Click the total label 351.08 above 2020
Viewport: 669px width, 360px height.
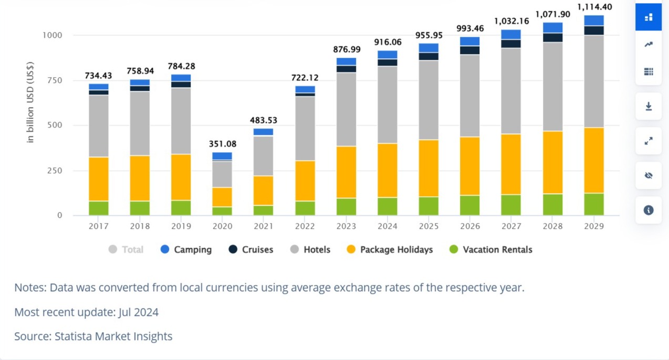click(222, 144)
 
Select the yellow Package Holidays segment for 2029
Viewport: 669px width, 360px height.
click(594, 160)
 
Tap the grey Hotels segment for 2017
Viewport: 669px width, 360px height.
click(99, 126)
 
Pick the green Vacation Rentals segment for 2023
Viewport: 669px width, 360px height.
click(346, 206)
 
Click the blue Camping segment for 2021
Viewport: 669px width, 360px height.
click(264, 132)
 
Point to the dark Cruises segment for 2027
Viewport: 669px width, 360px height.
click(511, 44)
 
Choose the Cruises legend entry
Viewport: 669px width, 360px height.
click(251, 250)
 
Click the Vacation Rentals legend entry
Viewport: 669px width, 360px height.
click(490, 250)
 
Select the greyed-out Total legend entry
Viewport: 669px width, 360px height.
click(126, 250)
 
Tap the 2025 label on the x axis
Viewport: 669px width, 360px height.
click(428, 226)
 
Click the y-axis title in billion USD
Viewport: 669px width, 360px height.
click(30, 102)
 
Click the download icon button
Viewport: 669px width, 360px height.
click(649, 107)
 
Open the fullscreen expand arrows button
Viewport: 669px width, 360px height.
click(649, 141)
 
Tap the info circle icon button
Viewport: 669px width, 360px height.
click(649, 210)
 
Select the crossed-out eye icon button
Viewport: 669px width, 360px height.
click(649, 175)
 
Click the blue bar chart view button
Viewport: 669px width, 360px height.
click(649, 17)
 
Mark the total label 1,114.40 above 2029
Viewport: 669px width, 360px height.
click(593, 7)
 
